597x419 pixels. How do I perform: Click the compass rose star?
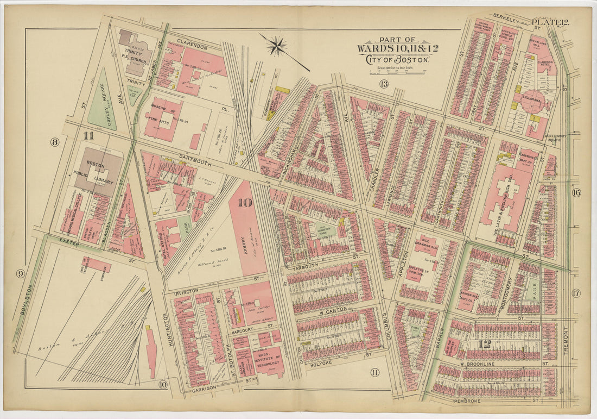[278, 46]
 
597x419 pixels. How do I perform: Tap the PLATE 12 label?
[550, 22]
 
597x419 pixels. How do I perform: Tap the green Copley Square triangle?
[101, 101]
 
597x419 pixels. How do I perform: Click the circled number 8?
[54, 142]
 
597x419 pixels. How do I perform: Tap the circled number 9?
[20, 273]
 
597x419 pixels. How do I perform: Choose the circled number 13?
[384, 83]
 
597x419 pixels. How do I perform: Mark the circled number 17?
[575, 293]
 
